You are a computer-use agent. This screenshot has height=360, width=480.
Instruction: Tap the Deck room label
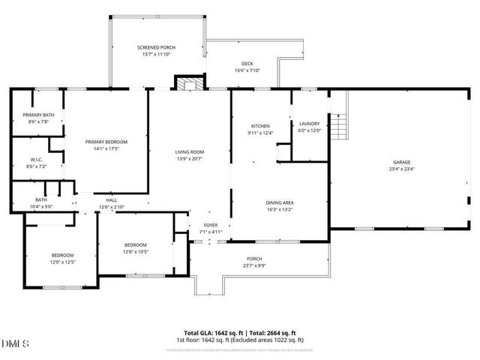[247, 64]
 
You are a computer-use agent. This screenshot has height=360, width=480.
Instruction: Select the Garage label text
[402, 162]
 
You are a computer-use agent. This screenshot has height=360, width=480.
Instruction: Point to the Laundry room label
[309, 124]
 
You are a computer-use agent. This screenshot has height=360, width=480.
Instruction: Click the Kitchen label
[260, 126]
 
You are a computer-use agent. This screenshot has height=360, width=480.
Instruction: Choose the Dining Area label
[279, 202]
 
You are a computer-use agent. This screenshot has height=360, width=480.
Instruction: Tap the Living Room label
[190, 152]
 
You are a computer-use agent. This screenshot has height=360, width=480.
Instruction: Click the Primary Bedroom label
[106, 142]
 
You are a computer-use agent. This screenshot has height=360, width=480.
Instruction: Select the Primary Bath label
[37, 115]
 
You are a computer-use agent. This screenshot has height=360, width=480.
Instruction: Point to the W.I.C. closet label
[37, 159]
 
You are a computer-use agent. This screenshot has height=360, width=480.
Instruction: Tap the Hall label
[111, 200]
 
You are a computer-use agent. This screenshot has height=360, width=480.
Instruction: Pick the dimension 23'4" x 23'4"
[402, 169]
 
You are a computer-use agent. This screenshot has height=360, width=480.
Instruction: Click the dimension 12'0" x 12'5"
[62, 262]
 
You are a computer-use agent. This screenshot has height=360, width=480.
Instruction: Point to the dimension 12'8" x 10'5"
[135, 252]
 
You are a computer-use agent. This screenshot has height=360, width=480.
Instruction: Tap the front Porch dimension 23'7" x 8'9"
[254, 266]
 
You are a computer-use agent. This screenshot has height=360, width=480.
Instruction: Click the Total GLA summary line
[240, 333]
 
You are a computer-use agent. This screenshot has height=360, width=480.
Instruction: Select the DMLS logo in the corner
[15, 343]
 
